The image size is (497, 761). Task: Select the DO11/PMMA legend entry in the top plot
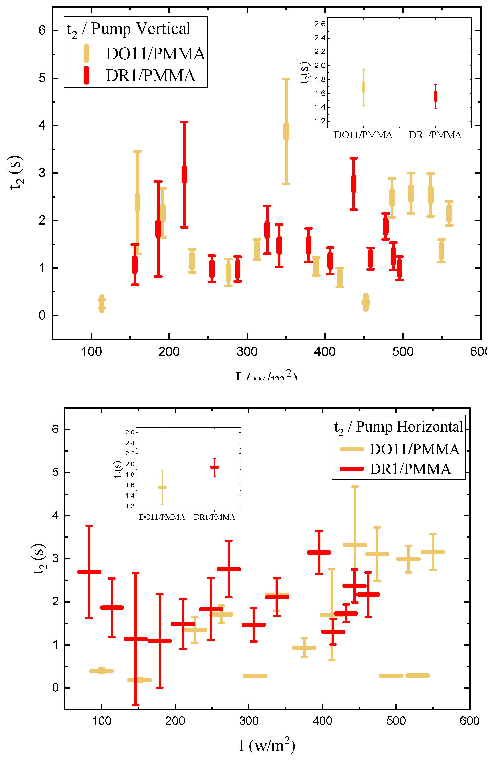point(155,54)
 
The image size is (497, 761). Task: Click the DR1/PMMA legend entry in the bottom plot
point(410,469)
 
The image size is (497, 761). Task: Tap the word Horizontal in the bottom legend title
point(425,427)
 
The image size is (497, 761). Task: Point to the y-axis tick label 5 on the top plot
point(42,78)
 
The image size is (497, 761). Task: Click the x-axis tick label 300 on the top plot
point(247,352)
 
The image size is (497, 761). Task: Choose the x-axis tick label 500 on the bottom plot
point(396,721)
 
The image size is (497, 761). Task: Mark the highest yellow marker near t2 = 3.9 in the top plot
point(286,131)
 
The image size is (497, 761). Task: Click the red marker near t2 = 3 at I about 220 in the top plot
point(184,175)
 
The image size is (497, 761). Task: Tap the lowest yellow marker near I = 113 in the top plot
point(102,304)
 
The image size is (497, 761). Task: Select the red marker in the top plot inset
point(435,97)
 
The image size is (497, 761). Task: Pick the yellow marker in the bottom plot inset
point(162,487)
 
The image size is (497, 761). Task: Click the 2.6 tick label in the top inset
point(320,24)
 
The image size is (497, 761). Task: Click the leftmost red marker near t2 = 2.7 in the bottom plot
point(89,572)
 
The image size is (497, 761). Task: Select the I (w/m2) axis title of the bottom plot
point(267,745)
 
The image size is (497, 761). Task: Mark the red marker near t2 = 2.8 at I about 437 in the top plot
point(353,184)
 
